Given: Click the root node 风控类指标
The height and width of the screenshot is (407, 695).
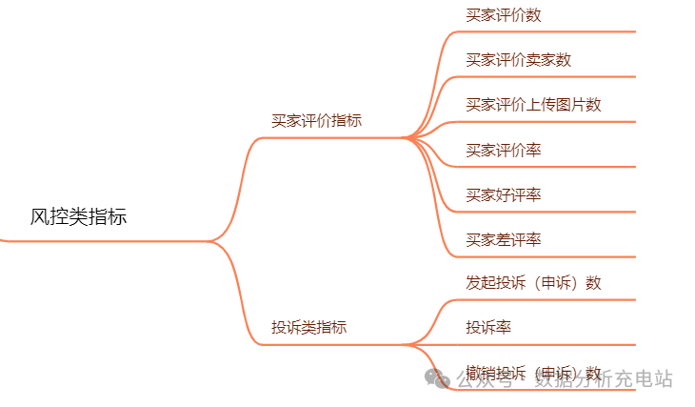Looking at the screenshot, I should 78,217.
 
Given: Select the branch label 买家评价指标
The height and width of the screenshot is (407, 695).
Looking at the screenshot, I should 316,121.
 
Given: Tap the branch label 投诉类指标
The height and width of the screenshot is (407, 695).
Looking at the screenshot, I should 308,328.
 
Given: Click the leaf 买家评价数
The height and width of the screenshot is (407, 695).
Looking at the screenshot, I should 504,15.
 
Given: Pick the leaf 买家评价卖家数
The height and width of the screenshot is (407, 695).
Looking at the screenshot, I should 518,60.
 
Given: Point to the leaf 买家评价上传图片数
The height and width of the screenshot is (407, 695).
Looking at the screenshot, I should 533,105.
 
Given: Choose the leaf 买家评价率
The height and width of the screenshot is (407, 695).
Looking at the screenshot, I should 504,151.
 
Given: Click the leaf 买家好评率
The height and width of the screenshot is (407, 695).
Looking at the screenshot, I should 504,195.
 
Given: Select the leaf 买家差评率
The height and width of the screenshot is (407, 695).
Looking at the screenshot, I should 504,240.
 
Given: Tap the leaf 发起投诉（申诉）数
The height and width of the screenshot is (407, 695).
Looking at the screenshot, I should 533,283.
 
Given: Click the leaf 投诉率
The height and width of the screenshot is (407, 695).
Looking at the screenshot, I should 488,328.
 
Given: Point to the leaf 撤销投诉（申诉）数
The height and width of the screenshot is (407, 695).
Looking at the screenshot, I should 533,373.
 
